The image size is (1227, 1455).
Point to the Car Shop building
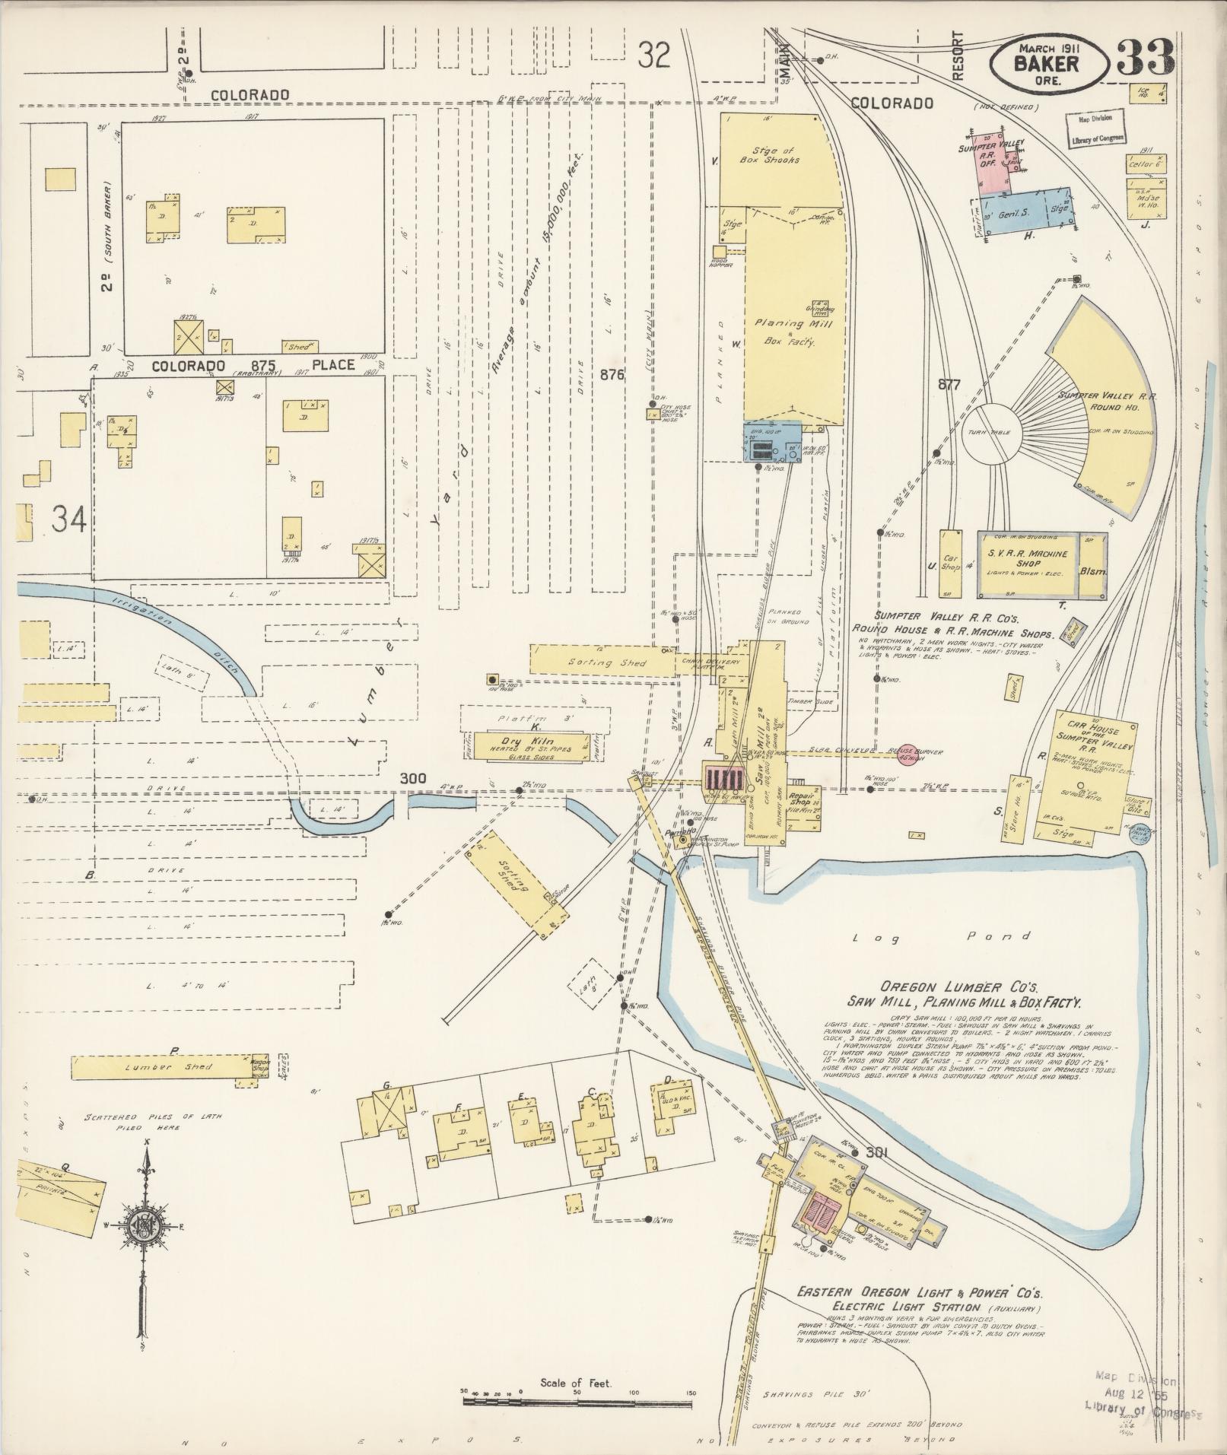point(951,563)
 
